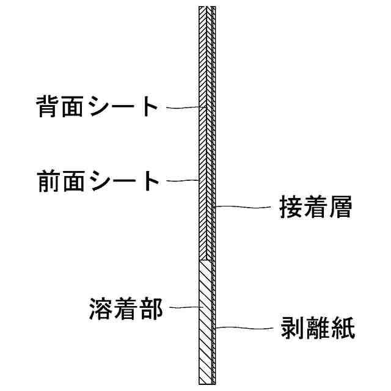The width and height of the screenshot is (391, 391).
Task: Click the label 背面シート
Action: tap(96, 108)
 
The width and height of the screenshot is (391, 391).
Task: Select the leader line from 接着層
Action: tap(244, 206)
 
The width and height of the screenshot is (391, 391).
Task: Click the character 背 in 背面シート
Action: tap(46, 108)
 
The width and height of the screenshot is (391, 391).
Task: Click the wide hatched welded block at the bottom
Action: tap(205, 321)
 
